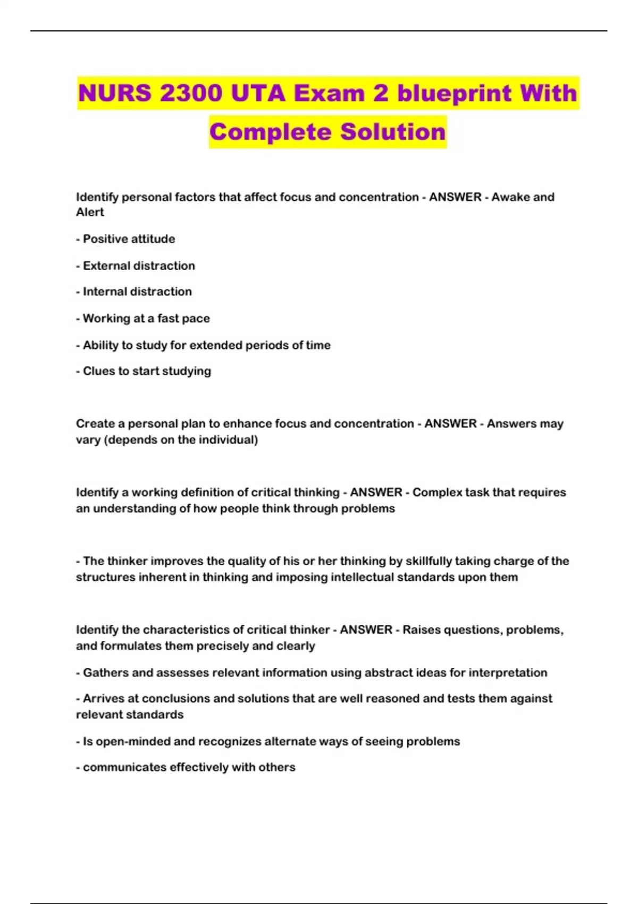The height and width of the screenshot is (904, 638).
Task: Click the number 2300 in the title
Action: (191, 94)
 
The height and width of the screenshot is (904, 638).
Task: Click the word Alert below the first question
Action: (90, 212)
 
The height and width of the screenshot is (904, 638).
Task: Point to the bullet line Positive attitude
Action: (129, 239)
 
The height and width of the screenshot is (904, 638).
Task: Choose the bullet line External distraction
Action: (139, 266)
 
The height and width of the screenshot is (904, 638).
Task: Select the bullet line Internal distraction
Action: (137, 292)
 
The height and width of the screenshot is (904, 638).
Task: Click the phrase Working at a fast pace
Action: (146, 319)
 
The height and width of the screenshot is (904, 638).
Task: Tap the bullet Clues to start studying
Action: (147, 371)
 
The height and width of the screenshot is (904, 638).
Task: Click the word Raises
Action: (421, 630)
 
